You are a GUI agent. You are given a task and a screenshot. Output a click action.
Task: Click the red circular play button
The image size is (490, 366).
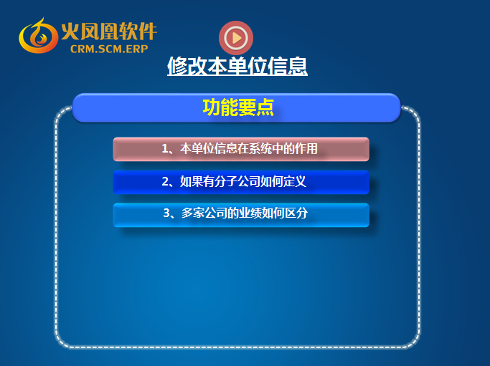[236, 38]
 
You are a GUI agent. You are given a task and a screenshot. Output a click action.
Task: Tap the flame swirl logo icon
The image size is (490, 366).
[39, 36]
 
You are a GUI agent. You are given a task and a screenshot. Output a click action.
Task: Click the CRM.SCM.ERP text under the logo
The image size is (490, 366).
[109, 49]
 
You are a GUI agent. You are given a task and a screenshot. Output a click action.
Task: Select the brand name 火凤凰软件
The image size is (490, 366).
[109, 31]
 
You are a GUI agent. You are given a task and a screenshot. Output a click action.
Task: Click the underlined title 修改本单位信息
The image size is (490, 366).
[237, 66]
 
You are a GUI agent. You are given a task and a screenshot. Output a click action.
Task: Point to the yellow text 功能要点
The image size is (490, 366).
[238, 107]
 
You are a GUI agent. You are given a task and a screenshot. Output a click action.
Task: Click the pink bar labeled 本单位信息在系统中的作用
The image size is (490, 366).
[241, 149]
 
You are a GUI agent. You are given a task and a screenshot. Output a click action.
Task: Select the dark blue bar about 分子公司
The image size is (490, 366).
[241, 182]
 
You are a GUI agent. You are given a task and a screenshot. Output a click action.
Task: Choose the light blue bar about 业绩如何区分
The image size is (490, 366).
[241, 215]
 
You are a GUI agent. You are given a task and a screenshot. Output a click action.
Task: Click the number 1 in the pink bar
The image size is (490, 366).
[165, 149]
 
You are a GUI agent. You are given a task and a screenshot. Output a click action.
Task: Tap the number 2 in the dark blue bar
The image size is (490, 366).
[165, 182]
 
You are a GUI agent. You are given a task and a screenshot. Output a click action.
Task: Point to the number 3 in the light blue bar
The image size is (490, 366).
[166, 213]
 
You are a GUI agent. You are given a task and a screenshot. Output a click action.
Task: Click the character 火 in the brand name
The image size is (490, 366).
[70, 31]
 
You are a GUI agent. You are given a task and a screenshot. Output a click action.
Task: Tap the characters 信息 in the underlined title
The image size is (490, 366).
[288, 66]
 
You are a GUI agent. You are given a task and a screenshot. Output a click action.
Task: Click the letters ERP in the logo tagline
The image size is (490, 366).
[137, 49]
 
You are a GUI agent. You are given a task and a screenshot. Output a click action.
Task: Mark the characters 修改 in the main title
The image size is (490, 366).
[187, 66]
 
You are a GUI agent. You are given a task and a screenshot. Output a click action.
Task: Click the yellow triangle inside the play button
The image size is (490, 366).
[237, 38]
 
